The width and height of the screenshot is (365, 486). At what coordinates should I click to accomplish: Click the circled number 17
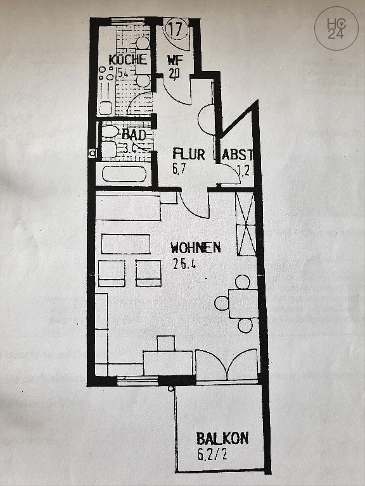click(x=177, y=29)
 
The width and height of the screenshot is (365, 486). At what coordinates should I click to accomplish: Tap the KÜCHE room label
click(x=127, y=59)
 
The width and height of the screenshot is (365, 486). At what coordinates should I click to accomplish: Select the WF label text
click(x=174, y=61)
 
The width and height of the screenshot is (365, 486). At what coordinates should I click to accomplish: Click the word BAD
click(x=133, y=134)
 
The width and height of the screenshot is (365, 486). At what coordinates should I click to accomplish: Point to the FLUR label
click(x=188, y=153)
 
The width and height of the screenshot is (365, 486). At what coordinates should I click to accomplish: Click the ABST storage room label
click(x=240, y=154)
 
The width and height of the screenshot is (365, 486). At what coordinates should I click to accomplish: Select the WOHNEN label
click(x=195, y=247)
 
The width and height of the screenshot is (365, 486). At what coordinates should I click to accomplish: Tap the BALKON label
click(x=222, y=438)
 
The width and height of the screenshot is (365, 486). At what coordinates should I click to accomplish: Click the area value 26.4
click(x=183, y=265)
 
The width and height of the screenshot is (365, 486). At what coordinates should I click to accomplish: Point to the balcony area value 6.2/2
click(x=214, y=453)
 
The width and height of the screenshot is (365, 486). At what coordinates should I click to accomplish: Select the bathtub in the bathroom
click(x=124, y=174)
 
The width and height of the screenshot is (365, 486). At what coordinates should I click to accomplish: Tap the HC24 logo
click(x=335, y=28)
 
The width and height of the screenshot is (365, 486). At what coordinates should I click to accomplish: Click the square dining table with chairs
click(x=243, y=303)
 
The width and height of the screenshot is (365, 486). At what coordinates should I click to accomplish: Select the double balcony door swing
click(x=227, y=366)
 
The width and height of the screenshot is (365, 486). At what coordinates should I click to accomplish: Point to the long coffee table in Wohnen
click(x=125, y=244)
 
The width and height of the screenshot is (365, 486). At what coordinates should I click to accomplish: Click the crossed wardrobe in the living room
click(x=245, y=223)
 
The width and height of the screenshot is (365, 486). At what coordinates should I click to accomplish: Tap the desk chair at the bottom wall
click(x=165, y=343)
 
